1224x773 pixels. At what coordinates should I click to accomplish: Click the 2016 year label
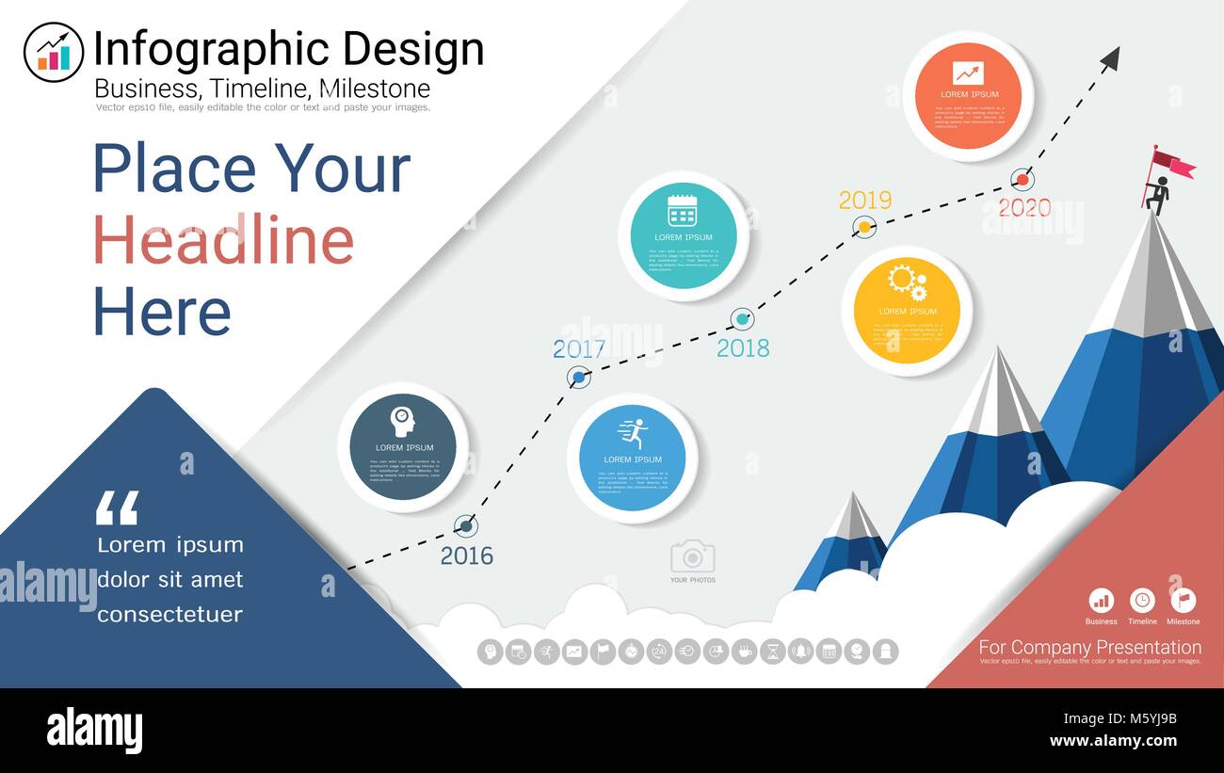(x=467, y=556)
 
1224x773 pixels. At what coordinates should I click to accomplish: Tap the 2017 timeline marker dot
(x=579, y=378)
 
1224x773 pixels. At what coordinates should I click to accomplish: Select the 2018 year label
(x=743, y=347)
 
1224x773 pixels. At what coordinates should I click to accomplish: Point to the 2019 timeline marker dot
(x=864, y=227)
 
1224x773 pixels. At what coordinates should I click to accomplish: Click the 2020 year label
(x=1024, y=207)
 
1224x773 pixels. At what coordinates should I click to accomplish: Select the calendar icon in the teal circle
(x=682, y=210)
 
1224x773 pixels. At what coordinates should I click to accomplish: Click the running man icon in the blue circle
(x=634, y=434)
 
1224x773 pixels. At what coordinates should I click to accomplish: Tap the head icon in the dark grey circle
(x=403, y=421)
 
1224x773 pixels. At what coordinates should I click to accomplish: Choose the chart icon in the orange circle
(x=968, y=72)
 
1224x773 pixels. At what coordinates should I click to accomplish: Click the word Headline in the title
(x=223, y=240)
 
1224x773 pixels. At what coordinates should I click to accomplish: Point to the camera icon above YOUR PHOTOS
(x=692, y=556)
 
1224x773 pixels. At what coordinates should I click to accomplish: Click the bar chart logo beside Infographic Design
(x=54, y=53)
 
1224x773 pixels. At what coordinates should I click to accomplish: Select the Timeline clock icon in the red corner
(x=1142, y=601)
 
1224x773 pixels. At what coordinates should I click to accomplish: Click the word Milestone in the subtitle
(x=375, y=89)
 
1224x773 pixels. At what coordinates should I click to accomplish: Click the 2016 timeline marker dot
(x=465, y=526)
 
